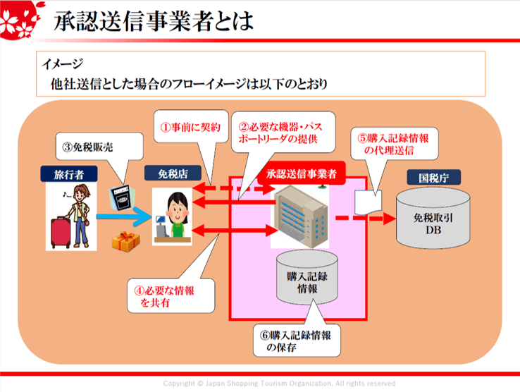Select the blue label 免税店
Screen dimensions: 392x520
[x=168, y=173]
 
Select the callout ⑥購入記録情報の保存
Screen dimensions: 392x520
[x=295, y=341]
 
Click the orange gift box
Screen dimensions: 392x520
[x=125, y=242]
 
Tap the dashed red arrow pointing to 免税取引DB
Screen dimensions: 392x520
[x=363, y=218]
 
